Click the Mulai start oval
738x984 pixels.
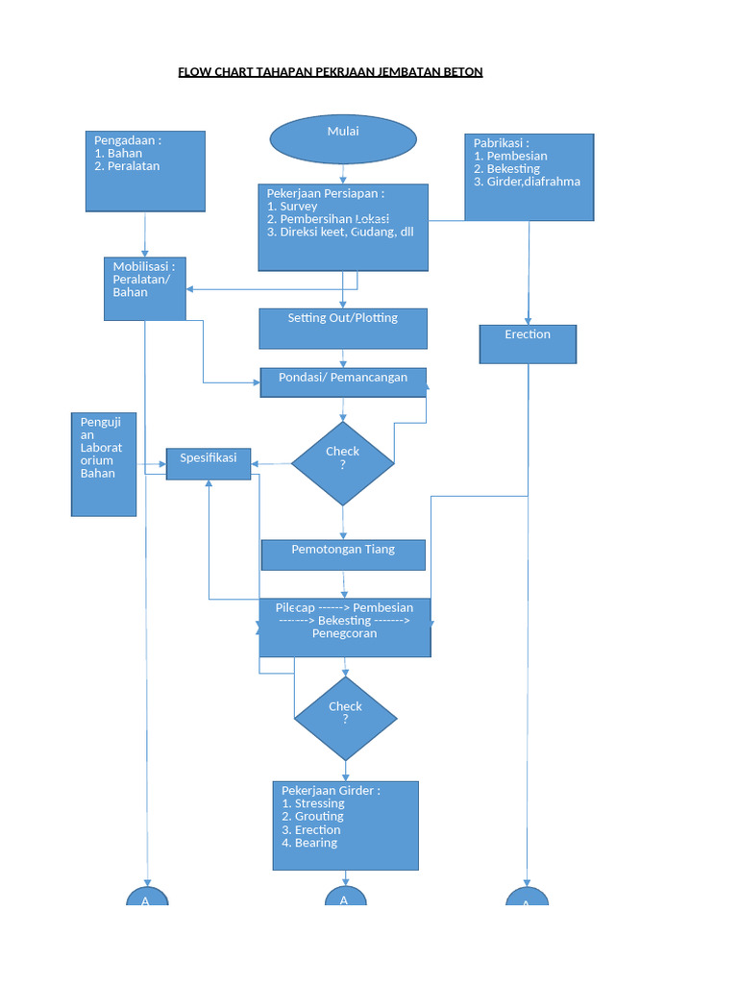[343, 139]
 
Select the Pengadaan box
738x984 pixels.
[145, 171]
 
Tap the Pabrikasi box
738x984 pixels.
[529, 177]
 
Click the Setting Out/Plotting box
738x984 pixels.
[343, 328]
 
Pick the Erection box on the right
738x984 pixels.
[528, 343]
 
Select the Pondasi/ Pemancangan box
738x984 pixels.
[343, 382]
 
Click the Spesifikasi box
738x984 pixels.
[209, 463]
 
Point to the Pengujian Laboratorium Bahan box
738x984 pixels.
[104, 464]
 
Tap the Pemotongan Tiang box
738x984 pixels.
[343, 554]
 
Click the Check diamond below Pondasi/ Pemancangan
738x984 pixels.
[343, 463]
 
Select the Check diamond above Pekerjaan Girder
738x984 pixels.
[345, 717]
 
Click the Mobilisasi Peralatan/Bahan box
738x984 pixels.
[145, 288]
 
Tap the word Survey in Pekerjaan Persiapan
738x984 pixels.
[299, 207]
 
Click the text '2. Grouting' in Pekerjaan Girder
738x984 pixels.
[312, 817]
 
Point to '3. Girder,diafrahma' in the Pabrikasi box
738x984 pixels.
[527, 182]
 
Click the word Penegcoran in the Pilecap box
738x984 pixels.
[344, 634]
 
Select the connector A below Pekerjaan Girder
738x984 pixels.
[343, 898]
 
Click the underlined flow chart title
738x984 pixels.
[331, 72]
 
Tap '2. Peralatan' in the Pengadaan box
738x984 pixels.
[127, 166]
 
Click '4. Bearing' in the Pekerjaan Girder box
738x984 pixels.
[309, 843]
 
